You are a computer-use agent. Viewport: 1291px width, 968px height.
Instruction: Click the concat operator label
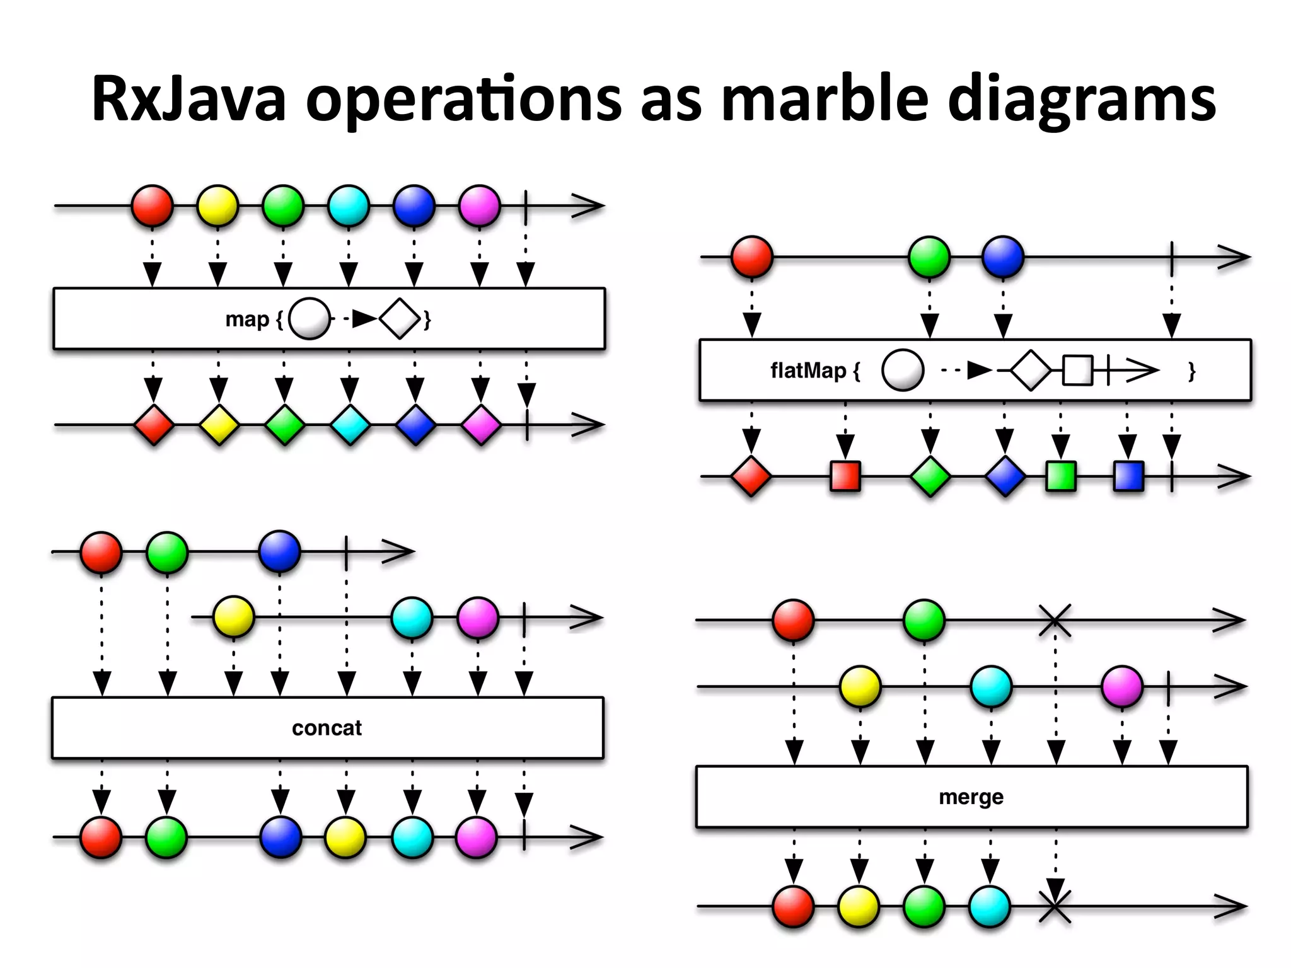pos(327,728)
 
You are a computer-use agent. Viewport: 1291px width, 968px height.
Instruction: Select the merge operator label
pos(971,797)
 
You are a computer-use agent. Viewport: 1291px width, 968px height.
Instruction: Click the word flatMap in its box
pos(808,370)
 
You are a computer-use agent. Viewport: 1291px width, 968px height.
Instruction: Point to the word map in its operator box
pos(247,319)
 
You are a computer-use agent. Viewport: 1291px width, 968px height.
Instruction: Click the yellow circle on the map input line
pos(217,205)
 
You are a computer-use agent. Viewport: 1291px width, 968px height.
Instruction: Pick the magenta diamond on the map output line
pos(481,425)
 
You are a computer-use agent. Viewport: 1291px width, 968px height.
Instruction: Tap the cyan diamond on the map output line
pos(350,425)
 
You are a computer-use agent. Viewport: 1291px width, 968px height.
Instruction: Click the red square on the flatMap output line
pos(845,476)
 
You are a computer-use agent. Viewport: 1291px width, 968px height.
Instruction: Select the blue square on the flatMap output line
pos(1128,476)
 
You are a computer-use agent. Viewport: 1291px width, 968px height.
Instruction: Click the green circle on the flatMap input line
pos(929,257)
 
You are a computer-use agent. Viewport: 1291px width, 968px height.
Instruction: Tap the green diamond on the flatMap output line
pos(930,476)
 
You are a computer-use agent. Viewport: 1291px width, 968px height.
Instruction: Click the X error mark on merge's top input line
pos(1055,620)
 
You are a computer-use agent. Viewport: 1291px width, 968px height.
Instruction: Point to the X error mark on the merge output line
pos(1055,906)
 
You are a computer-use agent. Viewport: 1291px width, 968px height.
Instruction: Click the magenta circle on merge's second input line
pos(1122,686)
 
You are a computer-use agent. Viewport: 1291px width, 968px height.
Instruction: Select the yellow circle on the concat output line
pos(345,838)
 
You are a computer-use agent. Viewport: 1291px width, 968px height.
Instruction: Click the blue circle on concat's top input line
pos(279,551)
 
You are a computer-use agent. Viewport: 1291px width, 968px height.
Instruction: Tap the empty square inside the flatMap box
pos(1077,371)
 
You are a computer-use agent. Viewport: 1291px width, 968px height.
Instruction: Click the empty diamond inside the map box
pos(400,319)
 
